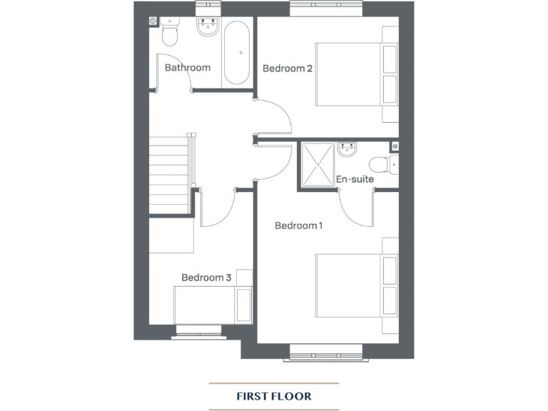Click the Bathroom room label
tap(188, 68)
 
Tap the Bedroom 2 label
tap(288, 68)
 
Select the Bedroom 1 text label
tap(299, 225)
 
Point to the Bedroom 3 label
tap(206, 278)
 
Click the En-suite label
tap(355, 180)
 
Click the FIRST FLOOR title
tap(274, 395)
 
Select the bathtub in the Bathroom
tap(236, 52)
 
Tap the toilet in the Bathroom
tap(170, 32)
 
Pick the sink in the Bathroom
tap(207, 29)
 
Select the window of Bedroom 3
tap(200, 330)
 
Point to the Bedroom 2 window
tap(326, 8)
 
